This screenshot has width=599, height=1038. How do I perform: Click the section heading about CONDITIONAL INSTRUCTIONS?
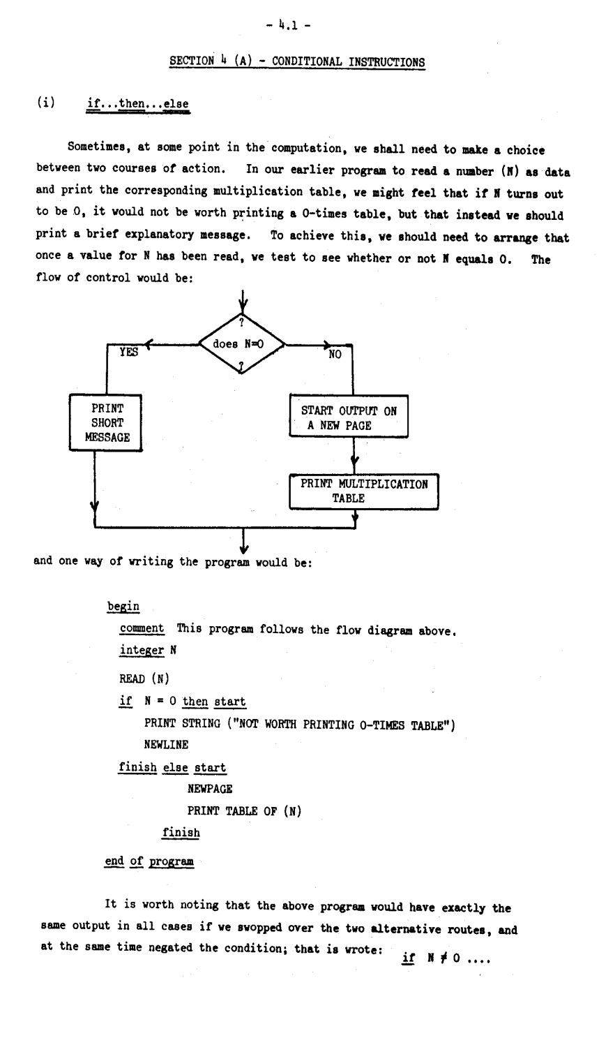point(297,61)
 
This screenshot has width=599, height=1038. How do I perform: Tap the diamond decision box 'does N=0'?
point(242,344)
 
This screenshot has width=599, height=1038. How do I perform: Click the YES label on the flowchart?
point(128,353)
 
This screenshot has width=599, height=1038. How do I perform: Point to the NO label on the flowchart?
point(335,354)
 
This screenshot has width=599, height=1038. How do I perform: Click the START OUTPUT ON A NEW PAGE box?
point(349,418)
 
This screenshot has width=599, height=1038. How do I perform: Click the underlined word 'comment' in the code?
point(142,628)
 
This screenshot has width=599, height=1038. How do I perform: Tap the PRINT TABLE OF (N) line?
point(243,810)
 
